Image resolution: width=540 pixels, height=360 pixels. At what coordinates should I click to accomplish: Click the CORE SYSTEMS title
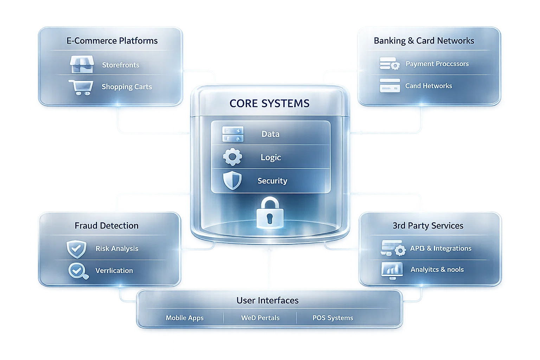pyautogui.click(x=269, y=103)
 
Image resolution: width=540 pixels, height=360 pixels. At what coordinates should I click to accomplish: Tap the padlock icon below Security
pyautogui.click(x=269, y=213)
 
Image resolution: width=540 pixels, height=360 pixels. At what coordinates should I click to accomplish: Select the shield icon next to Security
pyautogui.click(x=232, y=180)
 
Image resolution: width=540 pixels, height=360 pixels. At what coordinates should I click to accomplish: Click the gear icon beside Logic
pyautogui.click(x=232, y=157)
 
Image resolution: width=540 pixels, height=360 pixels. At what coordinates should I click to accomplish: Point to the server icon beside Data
pyautogui.click(x=233, y=134)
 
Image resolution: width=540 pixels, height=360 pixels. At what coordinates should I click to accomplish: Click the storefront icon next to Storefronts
pyautogui.click(x=82, y=64)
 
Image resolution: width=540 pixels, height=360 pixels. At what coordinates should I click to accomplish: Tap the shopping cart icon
pyautogui.click(x=81, y=87)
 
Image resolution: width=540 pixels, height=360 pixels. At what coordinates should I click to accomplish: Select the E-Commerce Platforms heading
pyautogui.click(x=112, y=41)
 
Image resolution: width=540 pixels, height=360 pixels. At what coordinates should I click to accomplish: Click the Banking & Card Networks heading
pyautogui.click(x=424, y=41)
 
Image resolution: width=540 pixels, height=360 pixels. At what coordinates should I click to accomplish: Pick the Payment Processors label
pyautogui.click(x=437, y=64)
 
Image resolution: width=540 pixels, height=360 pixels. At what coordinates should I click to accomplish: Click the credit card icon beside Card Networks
pyautogui.click(x=390, y=85)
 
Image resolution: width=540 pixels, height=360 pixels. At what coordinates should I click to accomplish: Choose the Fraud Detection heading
pyautogui.click(x=107, y=226)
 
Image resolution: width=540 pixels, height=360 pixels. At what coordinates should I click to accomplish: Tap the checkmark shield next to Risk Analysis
pyautogui.click(x=76, y=249)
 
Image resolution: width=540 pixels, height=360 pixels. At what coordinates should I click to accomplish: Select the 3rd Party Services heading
pyautogui.click(x=428, y=226)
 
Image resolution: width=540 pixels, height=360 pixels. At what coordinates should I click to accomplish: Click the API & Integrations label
pyautogui.click(x=441, y=249)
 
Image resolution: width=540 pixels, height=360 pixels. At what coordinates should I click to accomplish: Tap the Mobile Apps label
pyautogui.click(x=185, y=318)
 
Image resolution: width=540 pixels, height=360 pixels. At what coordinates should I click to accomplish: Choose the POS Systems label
pyautogui.click(x=333, y=318)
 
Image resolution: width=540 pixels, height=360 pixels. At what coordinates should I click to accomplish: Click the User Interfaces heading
pyautogui.click(x=267, y=301)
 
